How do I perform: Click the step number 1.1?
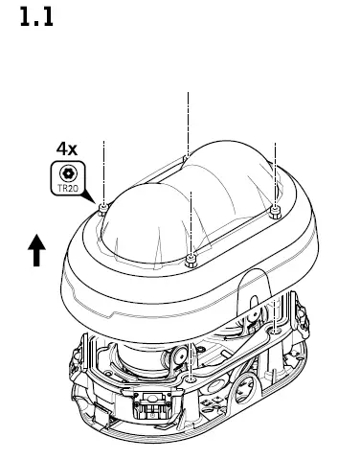tap(36, 18)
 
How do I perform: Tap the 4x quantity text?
tap(66, 149)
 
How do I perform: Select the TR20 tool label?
tap(67, 189)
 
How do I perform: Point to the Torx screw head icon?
tap(67, 172)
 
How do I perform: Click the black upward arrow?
tap(36, 251)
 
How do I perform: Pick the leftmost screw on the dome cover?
tap(101, 208)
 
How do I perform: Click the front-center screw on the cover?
tap(191, 258)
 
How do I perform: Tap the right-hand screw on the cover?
tap(275, 210)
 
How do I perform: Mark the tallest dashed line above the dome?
tap(188, 120)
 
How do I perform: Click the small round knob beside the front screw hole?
tap(177, 358)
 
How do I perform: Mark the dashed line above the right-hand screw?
tap(275, 172)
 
